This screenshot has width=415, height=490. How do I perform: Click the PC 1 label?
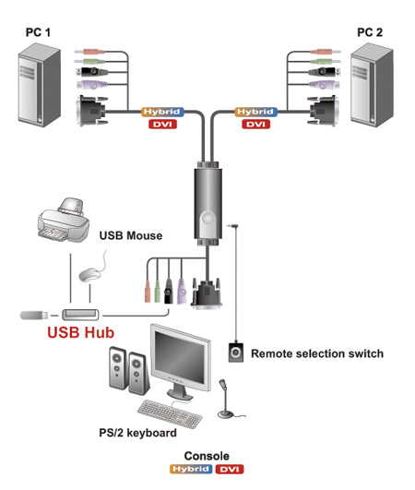coord(38,32)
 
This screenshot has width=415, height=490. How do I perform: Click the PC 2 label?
coord(370,32)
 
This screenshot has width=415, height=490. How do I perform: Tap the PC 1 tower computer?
coord(39,85)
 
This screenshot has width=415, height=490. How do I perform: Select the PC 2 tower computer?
coord(372,85)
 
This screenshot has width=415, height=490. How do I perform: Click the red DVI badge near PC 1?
coord(162,125)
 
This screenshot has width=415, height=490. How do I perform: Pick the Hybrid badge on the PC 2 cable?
coord(255,112)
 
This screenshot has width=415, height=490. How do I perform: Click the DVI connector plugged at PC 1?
coord(92,111)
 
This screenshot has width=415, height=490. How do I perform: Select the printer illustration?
coord(64,221)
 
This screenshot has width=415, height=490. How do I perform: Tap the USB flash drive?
coord(34,315)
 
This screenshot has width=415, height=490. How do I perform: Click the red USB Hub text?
coord(80,332)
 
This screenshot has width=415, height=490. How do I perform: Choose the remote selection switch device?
coord(236,353)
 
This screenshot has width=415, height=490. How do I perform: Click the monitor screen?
coord(179,357)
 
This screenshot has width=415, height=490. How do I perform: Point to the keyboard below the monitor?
coord(170,413)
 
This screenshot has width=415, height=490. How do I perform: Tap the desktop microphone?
coord(225,399)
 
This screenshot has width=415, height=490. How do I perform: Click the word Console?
coord(207,456)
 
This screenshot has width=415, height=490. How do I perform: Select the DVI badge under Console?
coord(230,469)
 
